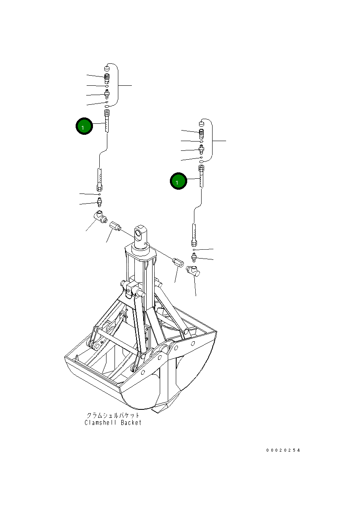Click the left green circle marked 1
(x=84, y=126)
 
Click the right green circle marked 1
(x=178, y=181)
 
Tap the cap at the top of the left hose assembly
(x=106, y=68)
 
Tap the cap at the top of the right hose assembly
(x=202, y=123)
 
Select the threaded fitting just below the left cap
(x=106, y=78)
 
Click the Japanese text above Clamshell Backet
(x=112, y=415)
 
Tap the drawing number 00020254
(x=283, y=450)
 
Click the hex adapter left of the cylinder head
(x=115, y=226)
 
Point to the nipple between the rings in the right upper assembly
(x=202, y=148)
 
